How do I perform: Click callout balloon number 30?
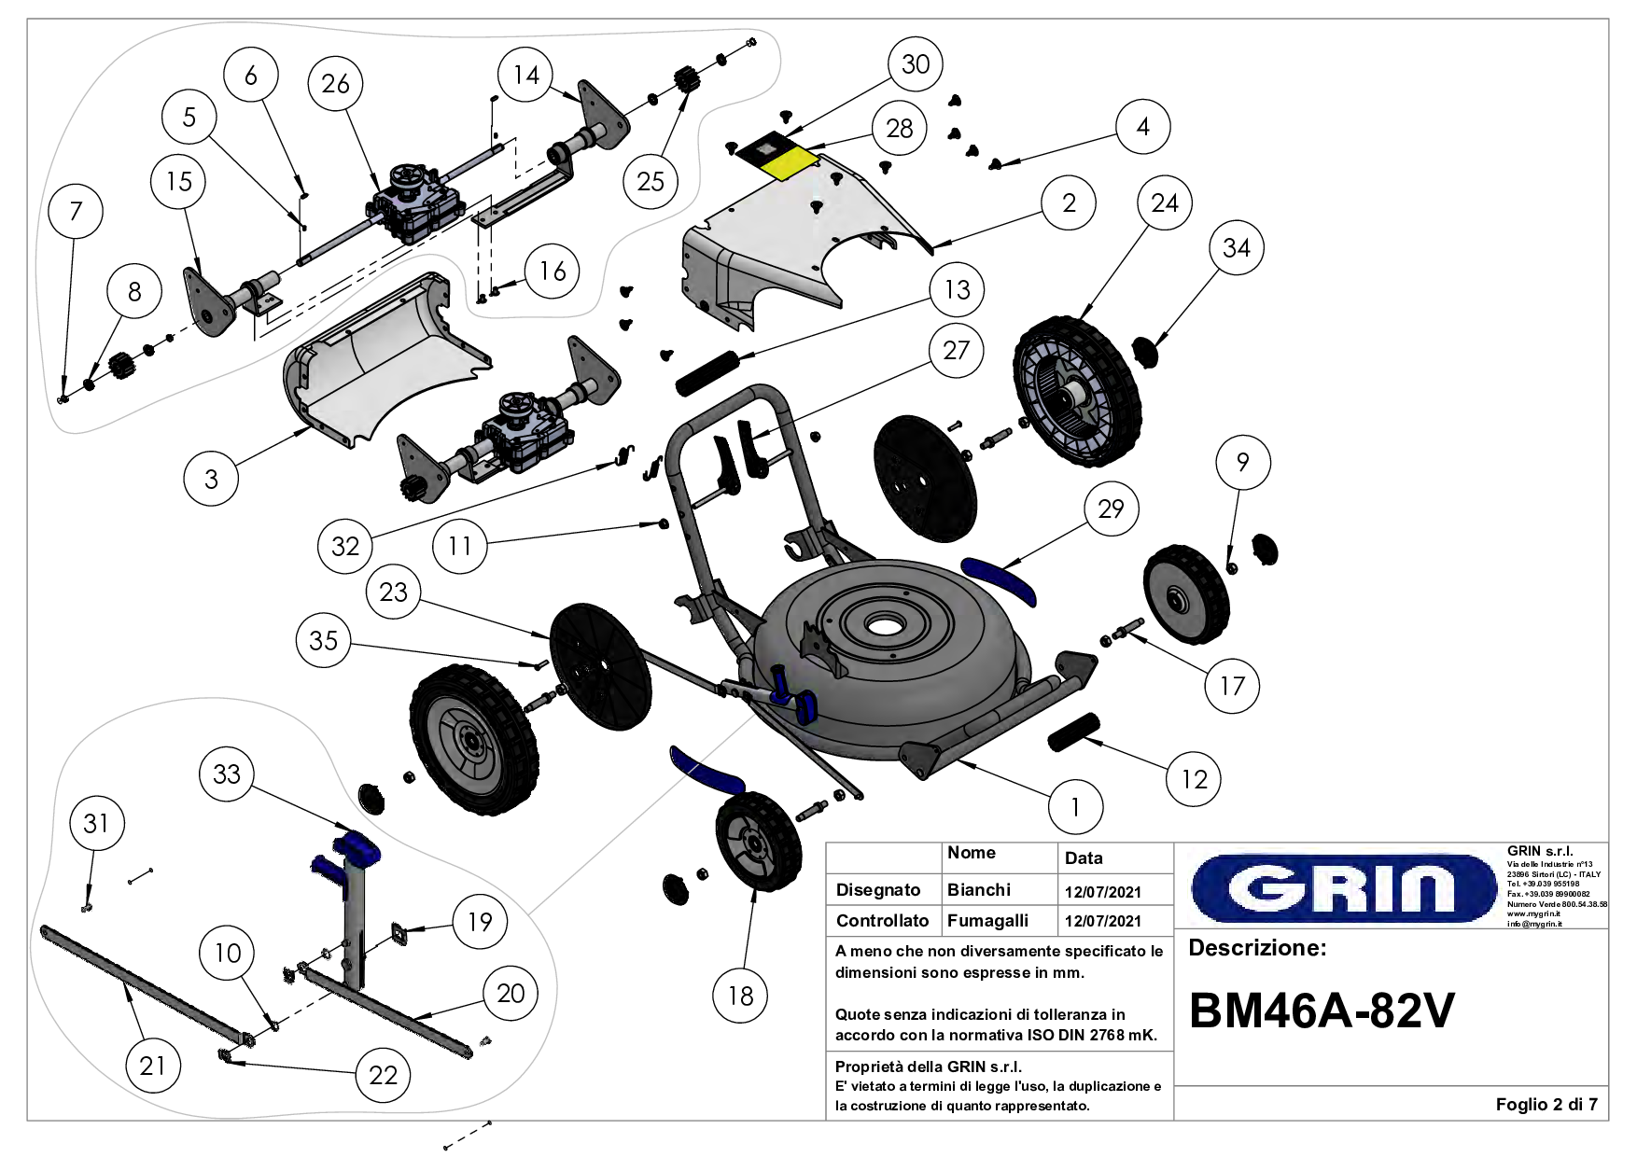tap(916, 64)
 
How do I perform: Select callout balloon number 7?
tap(77, 212)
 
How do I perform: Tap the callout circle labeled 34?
tap(1237, 248)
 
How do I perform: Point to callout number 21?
tap(152, 1066)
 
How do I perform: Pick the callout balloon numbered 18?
tap(740, 996)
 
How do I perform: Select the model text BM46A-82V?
tap(1322, 1011)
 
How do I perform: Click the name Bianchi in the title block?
tap(978, 890)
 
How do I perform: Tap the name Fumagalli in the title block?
tap(987, 921)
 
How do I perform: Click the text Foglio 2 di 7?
tap(1546, 1105)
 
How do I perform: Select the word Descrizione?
tap(1256, 949)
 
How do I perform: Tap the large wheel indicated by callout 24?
tap(1078, 392)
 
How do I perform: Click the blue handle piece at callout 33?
tap(356, 847)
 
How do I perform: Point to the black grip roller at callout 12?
tap(1074, 731)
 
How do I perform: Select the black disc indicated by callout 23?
tap(600, 665)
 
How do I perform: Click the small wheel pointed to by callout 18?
tap(758, 842)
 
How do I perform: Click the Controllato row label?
tap(882, 921)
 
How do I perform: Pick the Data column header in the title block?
tap(1084, 858)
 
